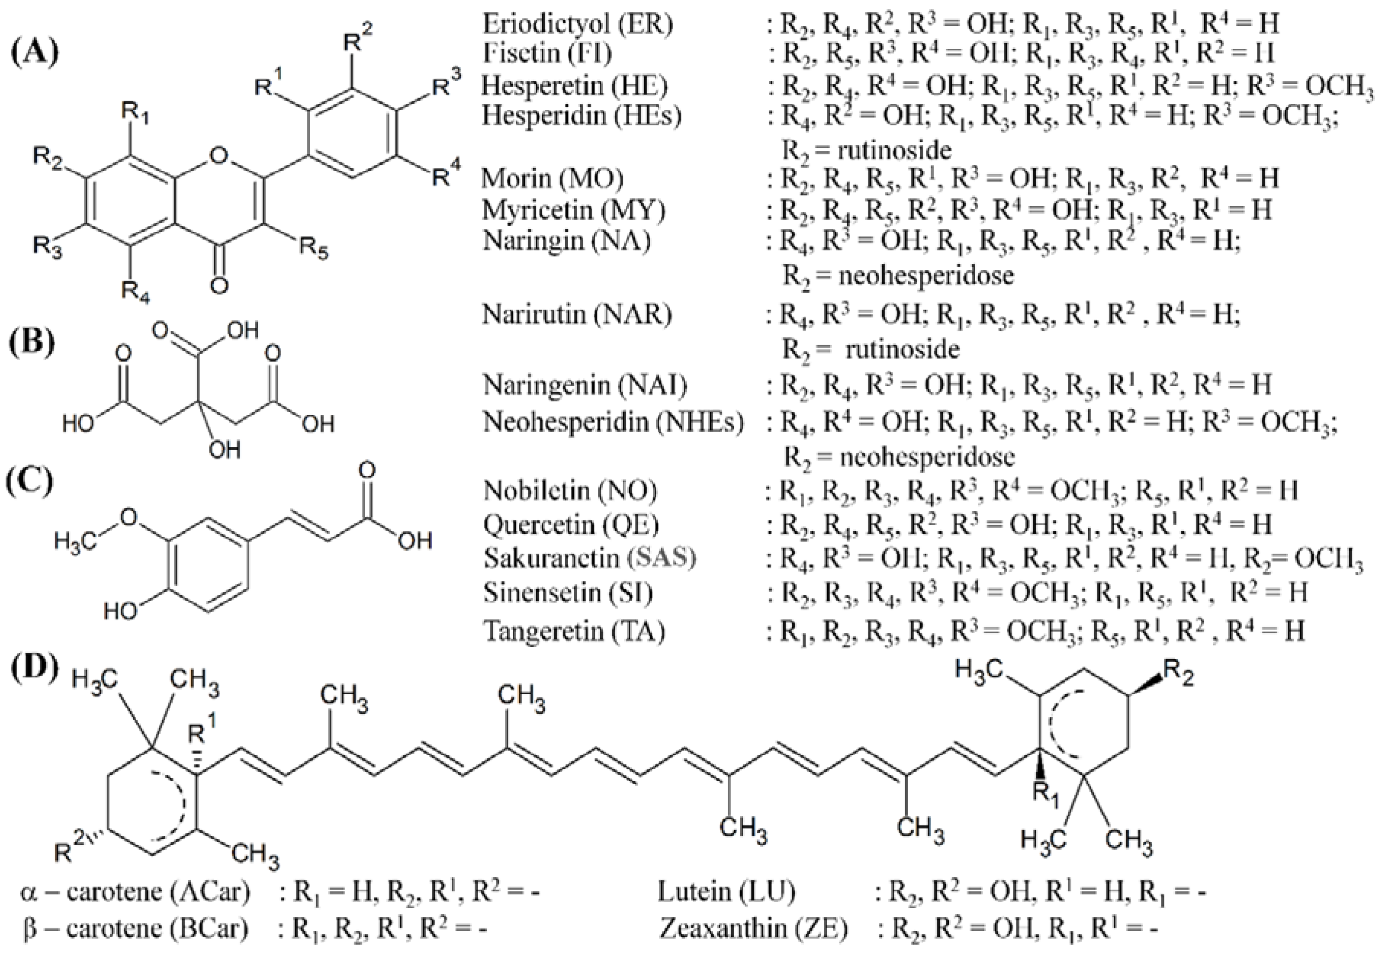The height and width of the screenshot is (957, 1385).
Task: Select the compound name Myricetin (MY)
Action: [x=574, y=209]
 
